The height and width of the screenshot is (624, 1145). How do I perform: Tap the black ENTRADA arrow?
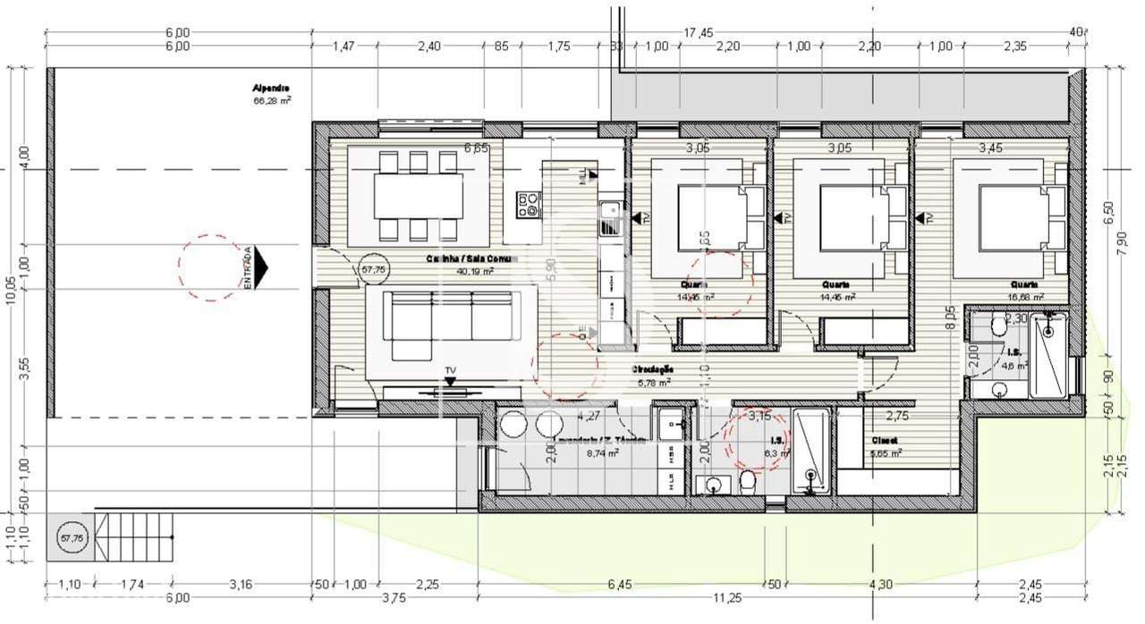(260, 267)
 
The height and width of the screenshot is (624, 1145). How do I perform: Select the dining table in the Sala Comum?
(418, 196)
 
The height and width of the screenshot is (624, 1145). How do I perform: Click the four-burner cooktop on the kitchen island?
(529, 205)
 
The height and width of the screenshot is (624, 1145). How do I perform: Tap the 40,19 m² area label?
(475, 271)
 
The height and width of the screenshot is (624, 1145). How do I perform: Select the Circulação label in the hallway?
(652, 368)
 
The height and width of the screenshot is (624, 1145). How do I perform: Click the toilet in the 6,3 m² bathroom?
(748, 484)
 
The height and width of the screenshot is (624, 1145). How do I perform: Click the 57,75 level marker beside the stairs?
(71, 539)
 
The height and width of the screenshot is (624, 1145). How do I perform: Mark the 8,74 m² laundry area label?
(602, 453)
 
